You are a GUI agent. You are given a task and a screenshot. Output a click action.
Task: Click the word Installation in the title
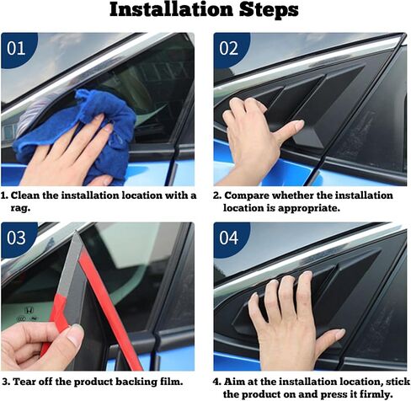171,9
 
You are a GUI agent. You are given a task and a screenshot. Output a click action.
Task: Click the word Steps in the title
269,10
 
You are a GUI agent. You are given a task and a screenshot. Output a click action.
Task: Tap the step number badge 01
16,48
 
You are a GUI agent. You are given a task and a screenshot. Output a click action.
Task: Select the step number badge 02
229,48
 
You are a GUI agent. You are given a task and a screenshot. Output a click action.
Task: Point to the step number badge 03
16,238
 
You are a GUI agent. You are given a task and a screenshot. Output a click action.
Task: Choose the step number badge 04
229,238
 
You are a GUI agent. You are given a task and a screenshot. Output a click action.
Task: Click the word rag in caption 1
19,209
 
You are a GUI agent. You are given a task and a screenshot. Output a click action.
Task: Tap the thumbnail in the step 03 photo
75,335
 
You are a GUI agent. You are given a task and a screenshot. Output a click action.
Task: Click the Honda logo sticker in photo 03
29,310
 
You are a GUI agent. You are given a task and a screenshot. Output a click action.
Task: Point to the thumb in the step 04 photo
330,339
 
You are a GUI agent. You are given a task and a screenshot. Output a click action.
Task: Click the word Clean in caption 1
25,195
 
